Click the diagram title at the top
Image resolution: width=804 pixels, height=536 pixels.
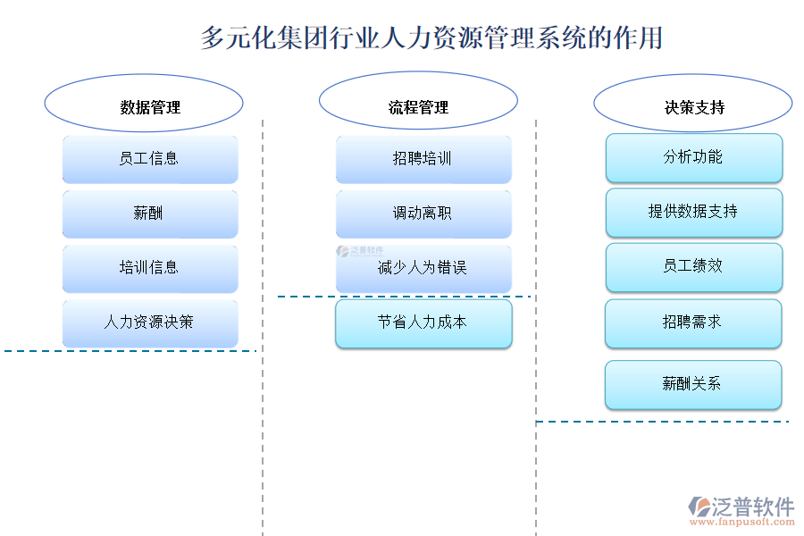pos(431,38)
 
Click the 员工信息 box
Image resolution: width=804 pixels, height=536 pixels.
pos(150,159)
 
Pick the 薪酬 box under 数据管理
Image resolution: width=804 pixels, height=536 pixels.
pos(150,214)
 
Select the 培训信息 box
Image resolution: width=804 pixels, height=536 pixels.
pos(150,268)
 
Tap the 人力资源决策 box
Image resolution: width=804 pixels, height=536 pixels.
pos(150,322)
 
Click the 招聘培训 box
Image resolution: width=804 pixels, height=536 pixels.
pos(423,159)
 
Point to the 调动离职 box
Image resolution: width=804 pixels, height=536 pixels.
pos(423,214)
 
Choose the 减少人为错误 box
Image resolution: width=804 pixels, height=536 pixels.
pos(423,268)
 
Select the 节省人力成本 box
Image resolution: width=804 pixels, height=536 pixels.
pos(423,322)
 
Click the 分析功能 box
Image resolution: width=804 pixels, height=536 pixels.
pos(694,157)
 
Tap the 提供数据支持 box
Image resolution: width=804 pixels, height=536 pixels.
pos(694,212)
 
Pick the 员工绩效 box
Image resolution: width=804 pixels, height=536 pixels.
pos(694,266)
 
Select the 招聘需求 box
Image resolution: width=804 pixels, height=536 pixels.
pos(694,322)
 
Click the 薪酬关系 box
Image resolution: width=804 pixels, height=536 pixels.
pos(694,384)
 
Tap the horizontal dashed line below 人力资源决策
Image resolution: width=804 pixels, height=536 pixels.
pos(130,351)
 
